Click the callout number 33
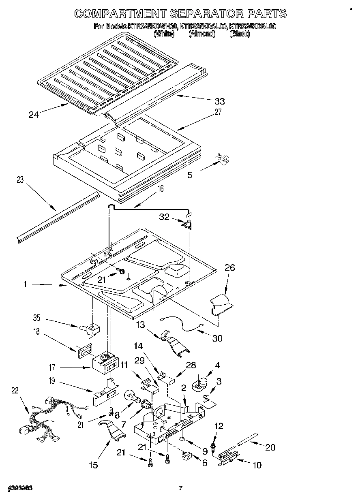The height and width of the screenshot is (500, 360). [x=219, y=101]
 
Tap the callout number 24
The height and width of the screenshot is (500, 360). [x=34, y=115]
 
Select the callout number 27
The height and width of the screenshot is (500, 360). [x=218, y=113]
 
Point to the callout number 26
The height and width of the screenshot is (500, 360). [x=229, y=268]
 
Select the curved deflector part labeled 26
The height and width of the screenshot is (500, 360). [x=222, y=305]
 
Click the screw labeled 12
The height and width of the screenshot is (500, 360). [x=213, y=447]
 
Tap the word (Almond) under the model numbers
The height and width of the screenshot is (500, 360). [x=201, y=34]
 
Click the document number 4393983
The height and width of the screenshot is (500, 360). [x=19, y=488]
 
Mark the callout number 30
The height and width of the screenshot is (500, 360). [x=217, y=338]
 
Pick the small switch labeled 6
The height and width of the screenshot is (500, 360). [x=187, y=455]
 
